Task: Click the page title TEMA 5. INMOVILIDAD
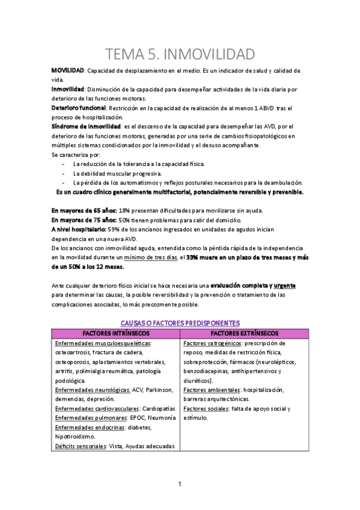pos(180,55)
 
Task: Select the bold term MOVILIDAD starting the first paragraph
pos(67,71)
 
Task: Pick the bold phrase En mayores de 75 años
pos(84,220)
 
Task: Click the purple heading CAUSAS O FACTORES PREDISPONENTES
pos(180,323)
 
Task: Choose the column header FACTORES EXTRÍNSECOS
pos(248,333)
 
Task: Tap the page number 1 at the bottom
pos(180,484)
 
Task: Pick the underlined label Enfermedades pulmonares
pos(94,418)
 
